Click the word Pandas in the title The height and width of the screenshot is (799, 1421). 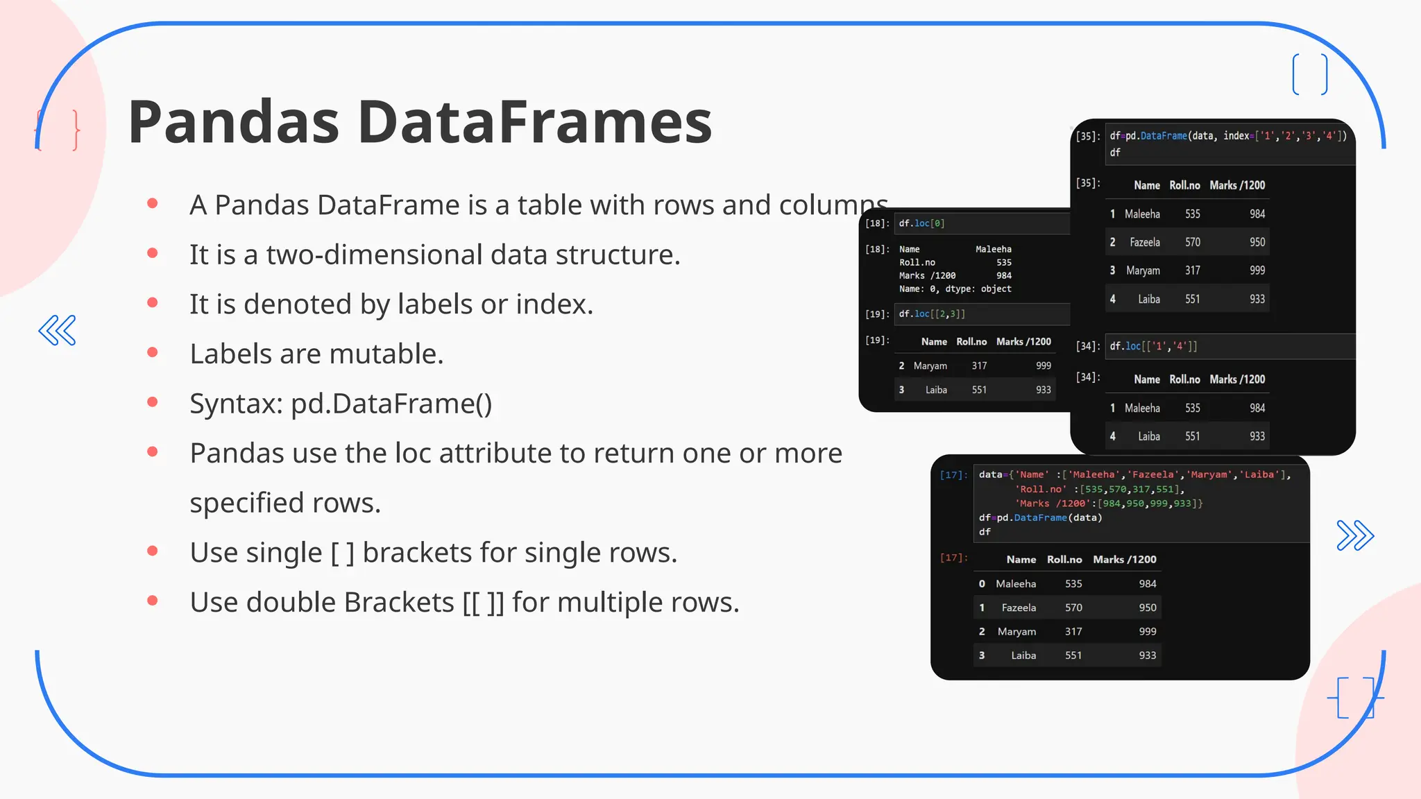(x=233, y=122)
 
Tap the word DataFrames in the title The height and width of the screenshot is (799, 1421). (x=535, y=122)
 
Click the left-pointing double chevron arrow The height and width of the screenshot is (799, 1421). (x=57, y=330)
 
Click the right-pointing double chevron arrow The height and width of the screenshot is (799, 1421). (x=1355, y=535)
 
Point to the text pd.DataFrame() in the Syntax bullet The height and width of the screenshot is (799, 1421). (x=391, y=404)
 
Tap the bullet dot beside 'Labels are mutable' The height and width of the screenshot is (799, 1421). (x=153, y=352)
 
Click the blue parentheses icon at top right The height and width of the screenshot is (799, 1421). (x=1310, y=74)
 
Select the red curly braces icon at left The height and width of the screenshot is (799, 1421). (x=58, y=130)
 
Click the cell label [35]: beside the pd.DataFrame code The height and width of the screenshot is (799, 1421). (x=1088, y=137)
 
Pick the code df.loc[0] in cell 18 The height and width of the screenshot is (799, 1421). (x=921, y=223)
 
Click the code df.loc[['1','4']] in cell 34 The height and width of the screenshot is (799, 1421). (x=1153, y=346)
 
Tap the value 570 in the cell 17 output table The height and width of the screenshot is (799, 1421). (x=1073, y=608)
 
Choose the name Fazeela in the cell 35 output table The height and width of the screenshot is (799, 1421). (x=1144, y=242)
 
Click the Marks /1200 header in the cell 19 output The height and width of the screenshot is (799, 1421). (x=1023, y=342)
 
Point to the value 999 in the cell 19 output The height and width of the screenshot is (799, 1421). (x=1044, y=366)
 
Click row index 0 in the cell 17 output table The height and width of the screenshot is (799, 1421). (x=982, y=584)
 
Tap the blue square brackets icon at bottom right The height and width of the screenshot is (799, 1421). (x=1355, y=697)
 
